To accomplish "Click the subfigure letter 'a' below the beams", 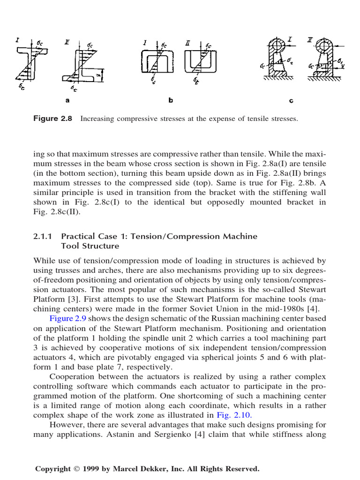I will click(x=67, y=100).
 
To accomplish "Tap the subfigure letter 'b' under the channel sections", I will click(x=171, y=100).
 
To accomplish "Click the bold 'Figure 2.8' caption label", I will click(x=52, y=119).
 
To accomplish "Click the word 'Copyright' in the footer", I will click(x=53, y=469).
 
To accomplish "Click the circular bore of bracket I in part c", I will click(x=276, y=47).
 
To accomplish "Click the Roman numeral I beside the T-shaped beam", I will click(x=17, y=41).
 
